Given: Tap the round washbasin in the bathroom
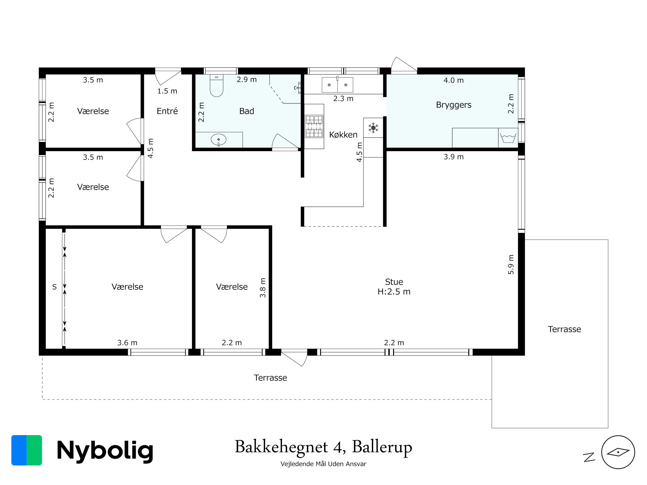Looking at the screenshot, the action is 219,140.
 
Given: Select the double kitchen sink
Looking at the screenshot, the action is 337,85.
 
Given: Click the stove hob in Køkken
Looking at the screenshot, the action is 314,126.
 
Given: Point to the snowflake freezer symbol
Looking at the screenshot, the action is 373,128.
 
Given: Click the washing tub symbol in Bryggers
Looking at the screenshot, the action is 508,138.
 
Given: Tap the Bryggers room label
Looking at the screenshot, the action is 454,105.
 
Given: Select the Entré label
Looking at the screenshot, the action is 167,111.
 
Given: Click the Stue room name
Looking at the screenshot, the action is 394,282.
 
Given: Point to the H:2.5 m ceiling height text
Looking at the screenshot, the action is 394,292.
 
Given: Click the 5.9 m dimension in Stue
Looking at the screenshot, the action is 511,265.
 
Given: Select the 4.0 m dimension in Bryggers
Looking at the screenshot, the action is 454,80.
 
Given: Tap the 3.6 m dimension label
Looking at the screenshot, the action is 127,343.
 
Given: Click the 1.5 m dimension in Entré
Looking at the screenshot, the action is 167,91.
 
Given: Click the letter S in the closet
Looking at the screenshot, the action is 54,287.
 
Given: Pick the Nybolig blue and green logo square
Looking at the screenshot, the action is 27,450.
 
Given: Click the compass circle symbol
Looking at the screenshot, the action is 618,452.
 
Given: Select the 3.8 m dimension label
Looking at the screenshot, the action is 263,288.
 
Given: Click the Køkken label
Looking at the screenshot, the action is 343,134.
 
